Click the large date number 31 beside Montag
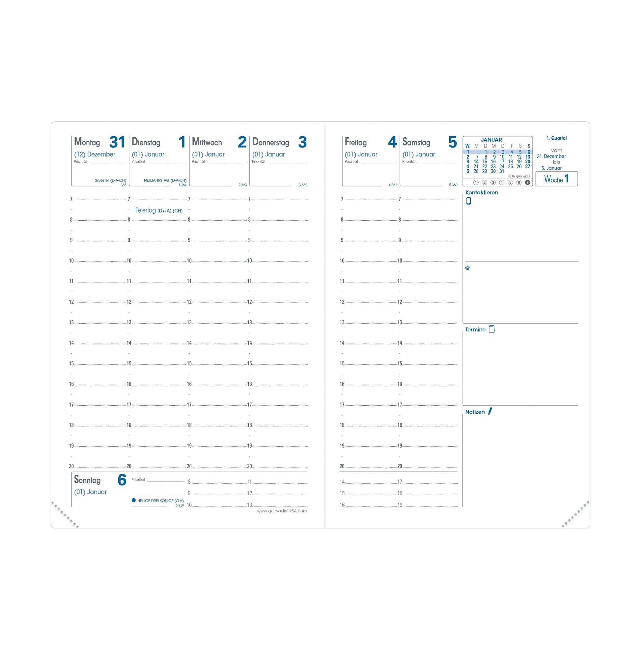coord(117,142)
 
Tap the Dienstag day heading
coord(146,142)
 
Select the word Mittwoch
coord(207,142)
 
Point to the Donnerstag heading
coord(270,142)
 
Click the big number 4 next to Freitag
coord(392,142)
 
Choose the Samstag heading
coord(416,142)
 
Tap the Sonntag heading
coord(87,480)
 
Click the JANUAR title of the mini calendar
coord(491,139)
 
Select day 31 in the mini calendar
coord(502,171)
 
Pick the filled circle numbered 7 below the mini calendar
coord(527,182)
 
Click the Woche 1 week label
coord(556,179)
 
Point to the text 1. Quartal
coord(556,138)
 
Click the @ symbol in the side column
coord(467,268)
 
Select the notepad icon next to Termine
coord(492,329)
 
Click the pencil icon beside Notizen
coord(490,411)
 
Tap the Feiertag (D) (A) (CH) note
coord(159,210)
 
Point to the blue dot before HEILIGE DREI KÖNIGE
coord(134,500)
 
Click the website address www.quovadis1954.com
coord(282,511)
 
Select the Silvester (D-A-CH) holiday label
coord(110,180)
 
